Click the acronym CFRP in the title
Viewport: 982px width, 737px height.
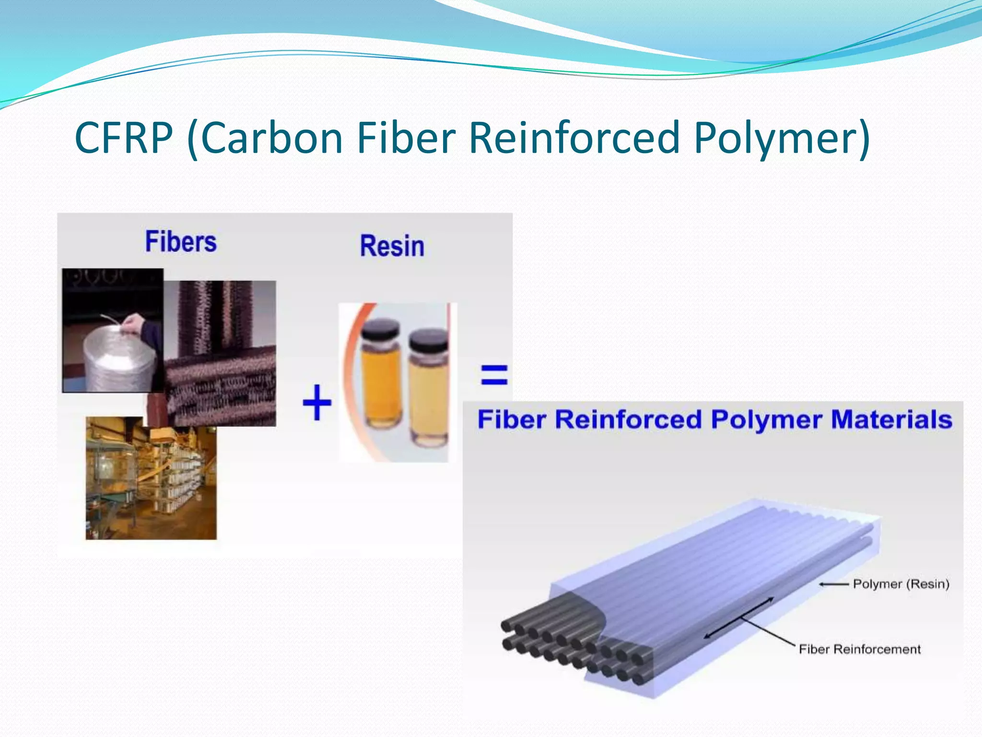pos(124,138)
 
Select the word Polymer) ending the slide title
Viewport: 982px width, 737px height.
pos(782,138)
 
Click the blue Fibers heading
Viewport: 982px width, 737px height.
pos(181,241)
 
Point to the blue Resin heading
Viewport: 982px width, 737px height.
pos(392,246)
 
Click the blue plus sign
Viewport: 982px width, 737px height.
pos(317,403)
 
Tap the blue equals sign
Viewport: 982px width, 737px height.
pos(494,375)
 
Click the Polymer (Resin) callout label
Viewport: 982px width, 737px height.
pos(901,584)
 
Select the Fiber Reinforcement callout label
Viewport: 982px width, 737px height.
pos(859,649)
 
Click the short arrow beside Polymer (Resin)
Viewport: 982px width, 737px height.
pos(834,584)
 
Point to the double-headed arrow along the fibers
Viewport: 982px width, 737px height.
pos(738,618)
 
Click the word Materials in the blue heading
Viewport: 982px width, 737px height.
pos(891,419)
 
